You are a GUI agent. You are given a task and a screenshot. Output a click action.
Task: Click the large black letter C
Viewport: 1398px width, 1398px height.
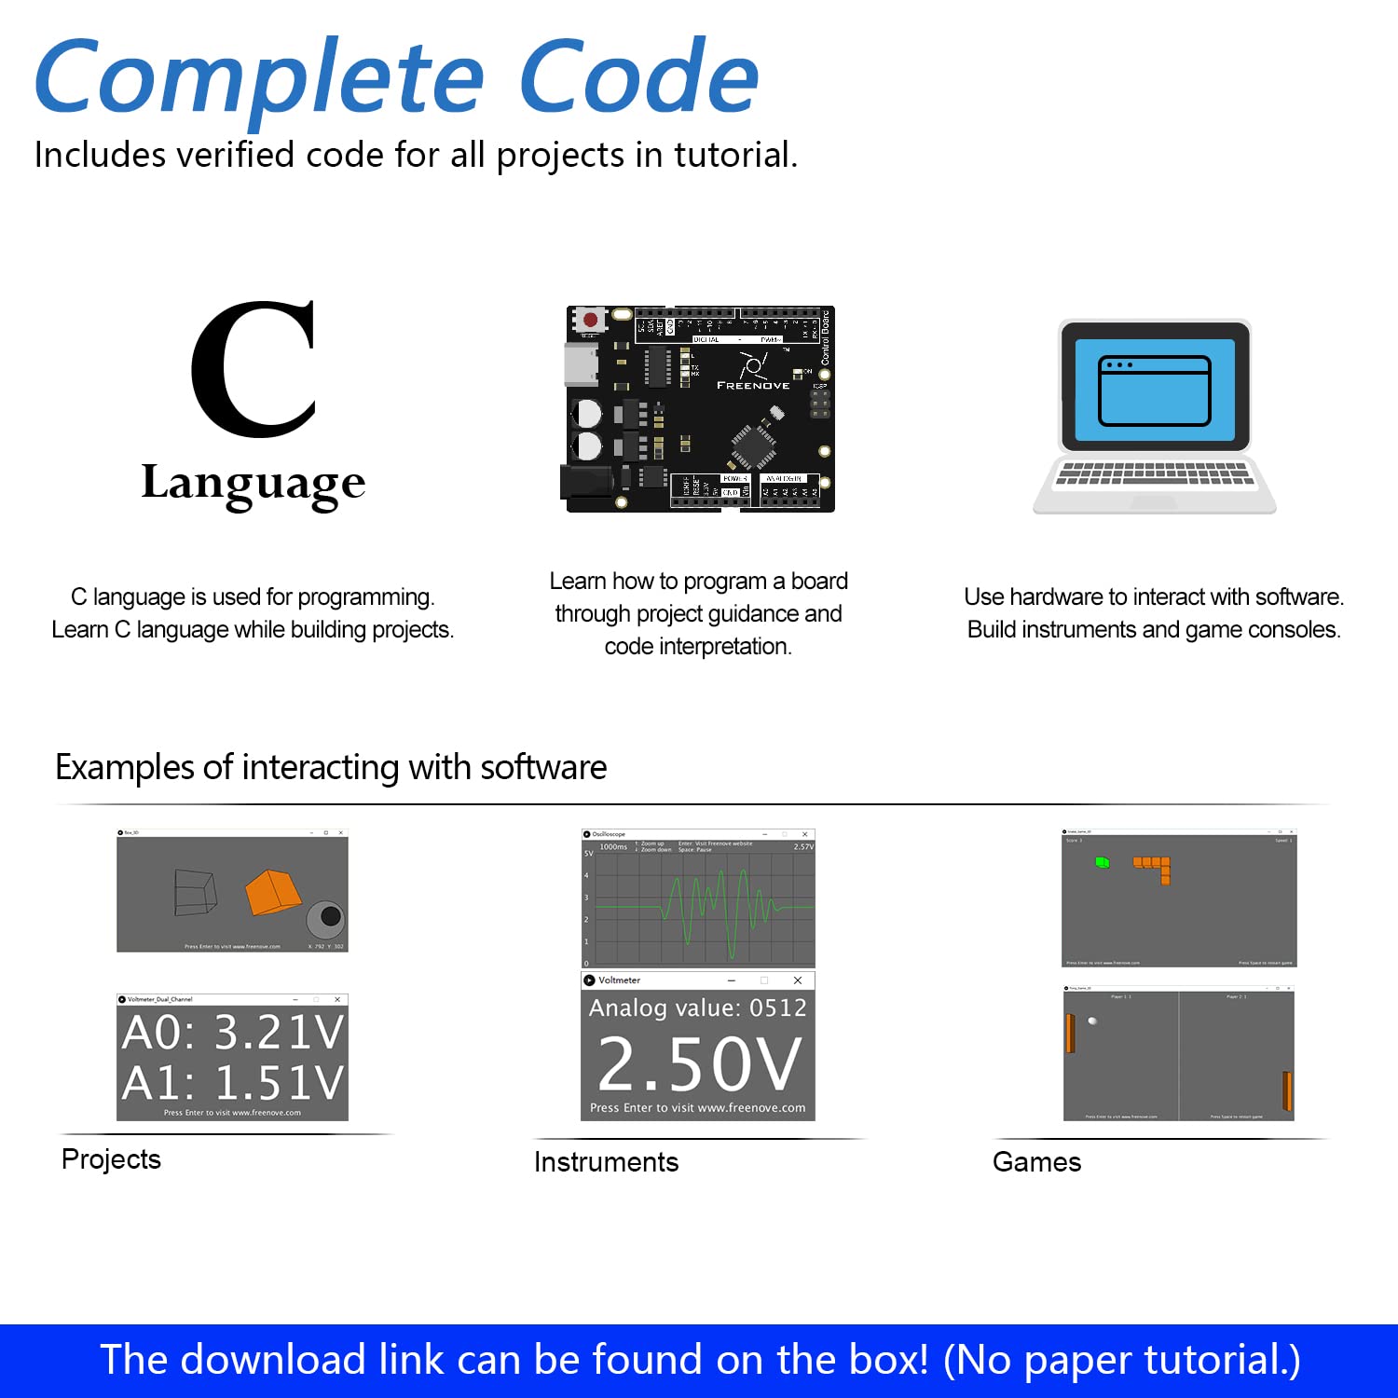coord(254,369)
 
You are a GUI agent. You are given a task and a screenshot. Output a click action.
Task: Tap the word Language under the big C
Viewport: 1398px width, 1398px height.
coord(254,484)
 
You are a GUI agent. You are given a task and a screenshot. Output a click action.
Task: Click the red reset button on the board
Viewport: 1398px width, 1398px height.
coord(590,321)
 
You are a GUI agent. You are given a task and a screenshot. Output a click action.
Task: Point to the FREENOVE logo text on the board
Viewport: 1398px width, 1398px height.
coord(753,385)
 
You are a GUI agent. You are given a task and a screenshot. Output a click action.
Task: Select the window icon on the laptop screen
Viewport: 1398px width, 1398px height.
coord(1154,391)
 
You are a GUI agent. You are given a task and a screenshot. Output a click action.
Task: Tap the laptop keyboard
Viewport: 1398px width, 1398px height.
coord(1154,473)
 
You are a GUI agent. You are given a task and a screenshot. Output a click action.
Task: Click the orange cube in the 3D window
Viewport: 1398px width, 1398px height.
coord(272,892)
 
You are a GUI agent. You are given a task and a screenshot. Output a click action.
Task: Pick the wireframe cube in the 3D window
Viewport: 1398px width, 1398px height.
coord(196,892)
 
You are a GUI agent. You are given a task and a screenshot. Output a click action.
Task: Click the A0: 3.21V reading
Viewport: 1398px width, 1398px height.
coord(233,1033)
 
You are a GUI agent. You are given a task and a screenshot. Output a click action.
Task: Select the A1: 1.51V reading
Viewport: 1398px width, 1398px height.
coord(233,1083)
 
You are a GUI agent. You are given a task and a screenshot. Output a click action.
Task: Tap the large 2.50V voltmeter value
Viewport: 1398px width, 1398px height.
coord(699,1064)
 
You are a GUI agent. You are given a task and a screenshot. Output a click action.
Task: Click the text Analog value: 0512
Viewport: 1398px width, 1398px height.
coord(698,1007)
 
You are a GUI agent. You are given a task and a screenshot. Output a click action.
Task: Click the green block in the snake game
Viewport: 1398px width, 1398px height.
coord(1103,863)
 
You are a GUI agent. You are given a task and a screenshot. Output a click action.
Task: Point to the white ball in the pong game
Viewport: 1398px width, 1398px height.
coord(1092,1021)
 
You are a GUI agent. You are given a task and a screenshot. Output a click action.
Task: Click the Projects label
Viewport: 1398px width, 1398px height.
coord(111,1159)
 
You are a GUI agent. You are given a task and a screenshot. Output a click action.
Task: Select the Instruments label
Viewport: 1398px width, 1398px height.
coord(606,1162)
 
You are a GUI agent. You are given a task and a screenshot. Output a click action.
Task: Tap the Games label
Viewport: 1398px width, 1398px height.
coord(1036,1162)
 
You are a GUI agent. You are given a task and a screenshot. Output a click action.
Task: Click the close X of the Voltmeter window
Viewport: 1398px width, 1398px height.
coord(798,980)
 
